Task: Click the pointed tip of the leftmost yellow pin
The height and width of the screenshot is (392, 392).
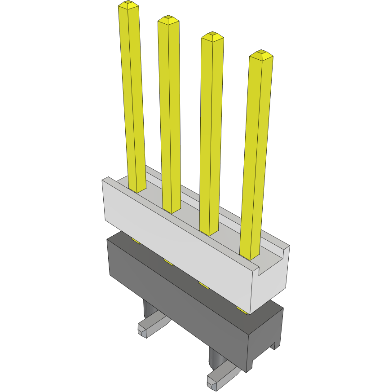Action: pyautogui.click(x=128, y=5)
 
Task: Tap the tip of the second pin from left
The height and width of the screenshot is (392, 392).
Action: pyautogui.click(x=168, y=20)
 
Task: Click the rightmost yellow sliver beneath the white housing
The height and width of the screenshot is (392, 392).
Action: pyautogui.click(x=242, y=310)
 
